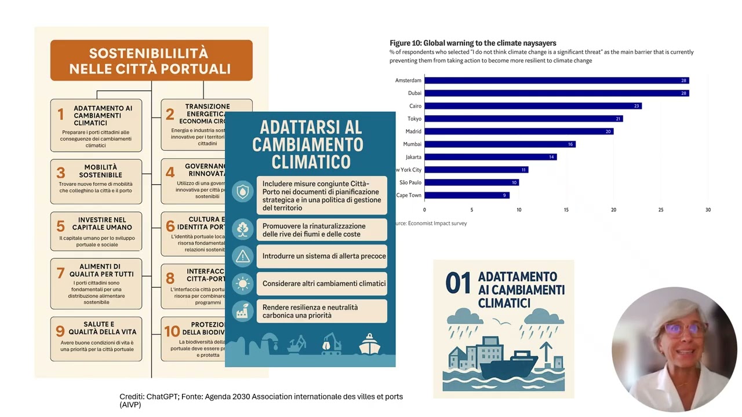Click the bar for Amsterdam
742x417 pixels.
(556, 81)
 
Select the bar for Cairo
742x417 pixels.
(533, 106)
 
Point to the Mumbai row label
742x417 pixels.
(412, 144)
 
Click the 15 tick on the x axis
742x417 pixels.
(566, 210)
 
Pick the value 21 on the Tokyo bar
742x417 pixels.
(619, 119)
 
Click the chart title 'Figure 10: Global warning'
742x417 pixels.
(472, 43)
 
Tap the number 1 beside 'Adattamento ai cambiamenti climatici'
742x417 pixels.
(60, 115)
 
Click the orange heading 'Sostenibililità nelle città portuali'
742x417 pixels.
(151, 61)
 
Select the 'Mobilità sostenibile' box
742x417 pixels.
(96, 181)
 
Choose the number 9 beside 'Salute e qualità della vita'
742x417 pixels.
(60, 331)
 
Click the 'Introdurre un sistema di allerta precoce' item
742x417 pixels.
(323, 256)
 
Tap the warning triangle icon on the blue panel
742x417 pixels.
(242, 256)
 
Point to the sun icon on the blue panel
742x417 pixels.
(242, 284)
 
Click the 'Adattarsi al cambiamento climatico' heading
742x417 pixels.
(310, 144)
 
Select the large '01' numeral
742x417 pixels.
(458, 284)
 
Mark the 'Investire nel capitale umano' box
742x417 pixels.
(96, 231)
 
